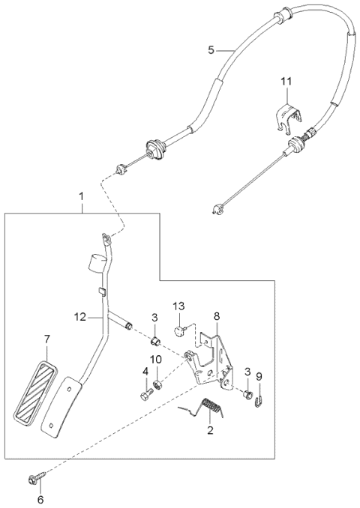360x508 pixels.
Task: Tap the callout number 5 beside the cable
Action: tap(211, 49)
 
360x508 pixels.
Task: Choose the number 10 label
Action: tap(157, 360)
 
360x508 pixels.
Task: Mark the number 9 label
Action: tap(259, 377)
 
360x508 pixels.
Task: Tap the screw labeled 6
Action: tap(37, 477)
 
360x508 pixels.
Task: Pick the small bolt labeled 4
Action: tap(143, 393)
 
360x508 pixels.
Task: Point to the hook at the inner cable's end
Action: tap(217, 210)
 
